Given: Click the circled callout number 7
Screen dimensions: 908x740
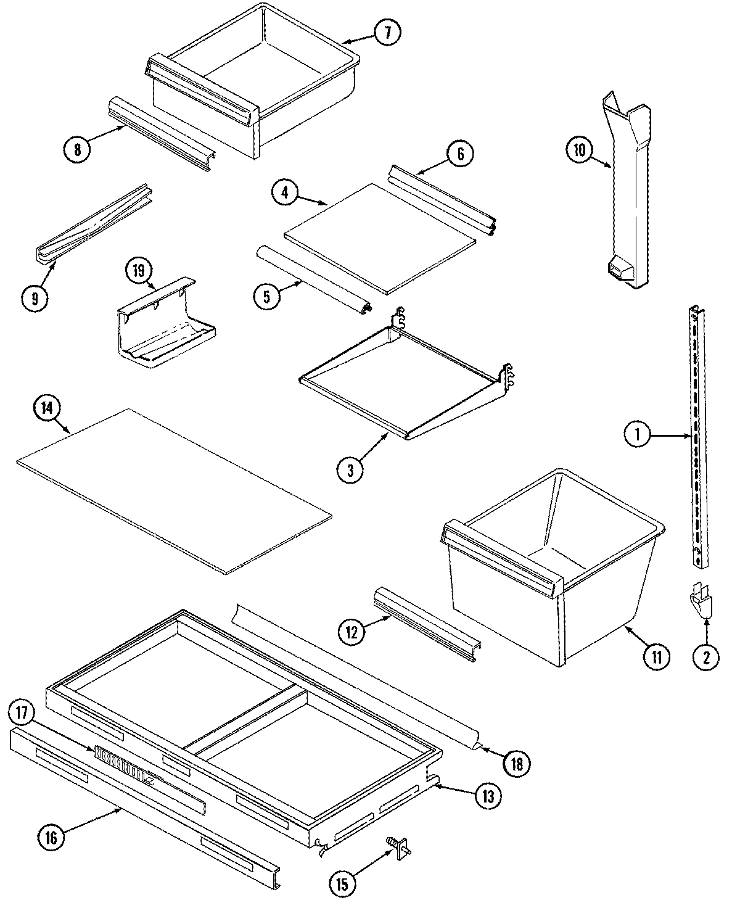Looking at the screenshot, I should [x=387, y=33].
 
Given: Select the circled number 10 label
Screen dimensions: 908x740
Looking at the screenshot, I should [x=580, y=150].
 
